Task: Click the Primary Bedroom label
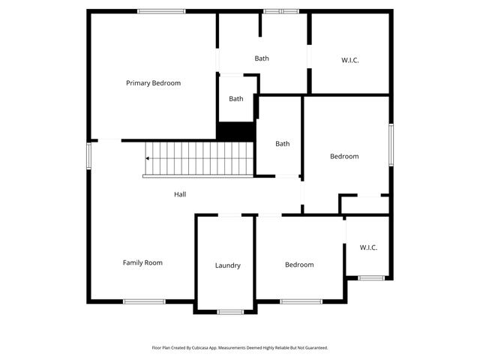[153, 83]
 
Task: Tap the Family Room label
[142, 262]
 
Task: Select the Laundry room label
[228, 265]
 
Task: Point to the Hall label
[180, 194]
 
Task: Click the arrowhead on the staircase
[147, 158]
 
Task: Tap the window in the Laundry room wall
[230, 312]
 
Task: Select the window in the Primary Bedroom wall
[161, 11]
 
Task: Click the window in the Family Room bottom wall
[144, 301]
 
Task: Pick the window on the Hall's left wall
[88, 156]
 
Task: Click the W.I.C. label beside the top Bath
[350, 60]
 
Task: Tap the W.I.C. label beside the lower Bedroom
[368, 247]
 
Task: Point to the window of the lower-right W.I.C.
[371, 278]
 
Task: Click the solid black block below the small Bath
[235, 132]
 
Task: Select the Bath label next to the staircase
[283, 144]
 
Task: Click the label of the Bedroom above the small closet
[344, 157]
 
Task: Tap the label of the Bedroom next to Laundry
[299, 265]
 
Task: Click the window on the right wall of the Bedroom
[391, 145]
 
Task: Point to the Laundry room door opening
[230, 215]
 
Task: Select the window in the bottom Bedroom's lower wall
[301, 301]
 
